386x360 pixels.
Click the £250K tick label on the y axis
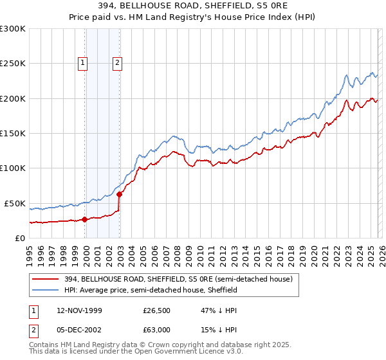pyautogui.click(x=13, y=64)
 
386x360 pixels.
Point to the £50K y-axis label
pyautogui.click(x=15, y=203)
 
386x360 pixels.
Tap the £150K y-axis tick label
pyautogui.click(x=13, y=133)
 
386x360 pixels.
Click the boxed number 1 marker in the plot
pyautogui.click(x=84, y=63)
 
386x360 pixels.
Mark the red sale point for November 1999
pyautogui.click(x=84, y=219)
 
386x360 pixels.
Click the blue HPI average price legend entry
pyautogui.click(x=151, y=290)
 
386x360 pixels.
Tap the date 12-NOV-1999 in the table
pyautogui.click(x=79, y=310)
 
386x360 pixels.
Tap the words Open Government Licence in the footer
pyautogui.click(x=175, y=353)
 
